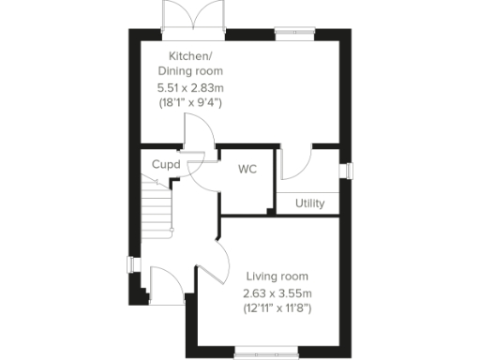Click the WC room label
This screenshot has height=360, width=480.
pos(247,170)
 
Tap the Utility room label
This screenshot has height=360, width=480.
pos(310,203)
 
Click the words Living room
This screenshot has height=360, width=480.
pos(277,277)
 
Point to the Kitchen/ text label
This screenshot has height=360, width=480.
pos(190,55)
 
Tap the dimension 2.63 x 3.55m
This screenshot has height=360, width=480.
pos(277,292)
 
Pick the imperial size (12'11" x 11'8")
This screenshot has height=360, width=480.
pos(277,307)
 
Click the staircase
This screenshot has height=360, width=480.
pos(157,206)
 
